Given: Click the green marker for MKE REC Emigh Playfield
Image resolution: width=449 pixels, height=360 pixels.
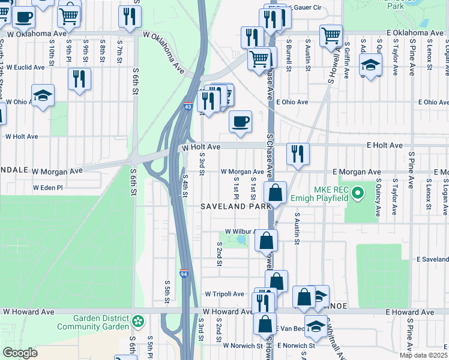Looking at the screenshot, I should click(358, 193).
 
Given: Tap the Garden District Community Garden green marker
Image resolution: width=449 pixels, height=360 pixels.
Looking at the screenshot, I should click(139, 322).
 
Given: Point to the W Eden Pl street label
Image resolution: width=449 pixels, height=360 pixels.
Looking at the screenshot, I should click(43, 188).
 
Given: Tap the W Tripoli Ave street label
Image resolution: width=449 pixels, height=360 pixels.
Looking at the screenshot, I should click(224, 294).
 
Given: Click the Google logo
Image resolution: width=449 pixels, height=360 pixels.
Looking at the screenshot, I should click(20, 353).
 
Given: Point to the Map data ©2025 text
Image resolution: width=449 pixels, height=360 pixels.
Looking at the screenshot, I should click(423, 355).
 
